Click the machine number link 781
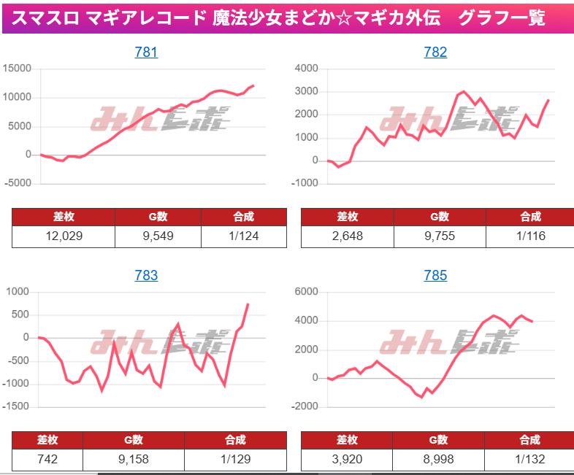point(146,52)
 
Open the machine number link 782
point(435,52)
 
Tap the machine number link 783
point(146,275)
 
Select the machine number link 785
point(435,275)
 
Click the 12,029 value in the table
point(64,236)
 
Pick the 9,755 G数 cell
point(438,236)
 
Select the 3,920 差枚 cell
point(347,460)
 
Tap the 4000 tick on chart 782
point(305,69)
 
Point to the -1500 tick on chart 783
point(18,406)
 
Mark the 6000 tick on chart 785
point(305,292)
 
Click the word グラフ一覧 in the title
point(502,18)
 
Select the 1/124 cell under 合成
point(244,236)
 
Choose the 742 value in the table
point(47,460)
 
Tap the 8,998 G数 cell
point(438,460)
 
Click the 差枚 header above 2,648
point(347,217)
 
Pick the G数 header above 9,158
point(133,440)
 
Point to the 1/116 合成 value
point(530,236)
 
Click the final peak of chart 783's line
point(248,304)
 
